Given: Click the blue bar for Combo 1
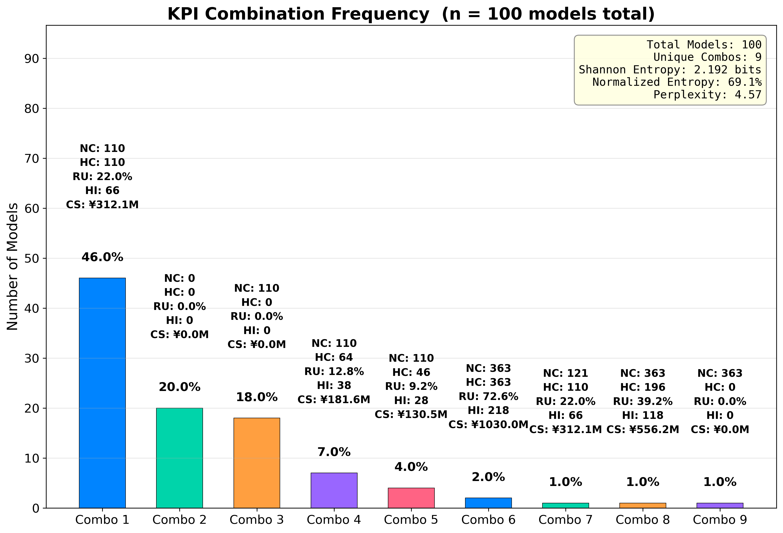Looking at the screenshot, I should tap(102, 393).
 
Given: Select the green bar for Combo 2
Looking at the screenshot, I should tap(179, 458).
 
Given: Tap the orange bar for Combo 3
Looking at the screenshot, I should tap(256, 463).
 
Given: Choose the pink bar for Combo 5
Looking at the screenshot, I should tap(411, 498).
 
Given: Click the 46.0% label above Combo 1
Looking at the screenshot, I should tap(102, 257).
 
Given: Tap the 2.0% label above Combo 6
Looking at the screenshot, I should tap(488, 477).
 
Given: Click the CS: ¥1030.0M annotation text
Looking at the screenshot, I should tap(488, 425).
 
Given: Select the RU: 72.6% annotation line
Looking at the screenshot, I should tap(488, 396).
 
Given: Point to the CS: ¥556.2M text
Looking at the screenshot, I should tap(643, 429).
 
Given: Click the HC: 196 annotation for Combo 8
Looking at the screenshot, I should tap(643, 387).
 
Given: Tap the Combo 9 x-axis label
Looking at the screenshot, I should tap(720, 520).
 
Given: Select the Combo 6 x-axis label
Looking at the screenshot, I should tap(488, 520).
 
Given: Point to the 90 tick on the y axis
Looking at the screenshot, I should tap(31, 59).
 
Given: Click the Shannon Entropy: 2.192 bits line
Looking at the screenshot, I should tap(670, 70).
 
